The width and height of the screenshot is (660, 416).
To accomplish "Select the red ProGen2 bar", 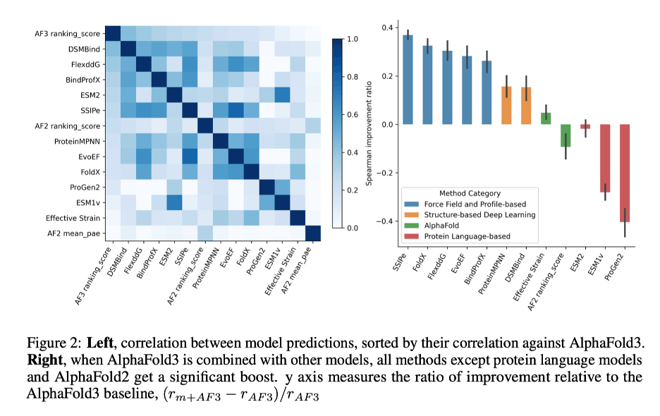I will pos(623,173).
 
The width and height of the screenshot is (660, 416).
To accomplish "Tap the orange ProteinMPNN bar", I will pos(506,106).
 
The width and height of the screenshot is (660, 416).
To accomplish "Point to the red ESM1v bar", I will pos(604,158).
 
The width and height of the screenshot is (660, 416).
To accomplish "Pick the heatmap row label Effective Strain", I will pos(73,217).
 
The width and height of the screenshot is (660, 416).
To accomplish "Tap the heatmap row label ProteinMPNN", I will pos(77,140).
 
